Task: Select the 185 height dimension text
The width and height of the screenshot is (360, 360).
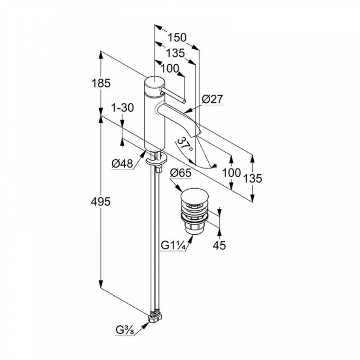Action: tap(102, 83)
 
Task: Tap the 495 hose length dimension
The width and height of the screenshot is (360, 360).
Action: tap(102, 202)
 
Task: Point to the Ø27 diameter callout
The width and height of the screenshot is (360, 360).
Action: tap(212, 99)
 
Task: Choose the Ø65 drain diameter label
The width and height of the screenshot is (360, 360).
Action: tap(181, 173)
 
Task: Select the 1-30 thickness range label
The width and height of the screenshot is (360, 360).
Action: tap(122, 108)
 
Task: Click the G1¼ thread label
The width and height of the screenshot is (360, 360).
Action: tap(173, 245)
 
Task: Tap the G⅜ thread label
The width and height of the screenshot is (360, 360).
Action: tap(124, 330)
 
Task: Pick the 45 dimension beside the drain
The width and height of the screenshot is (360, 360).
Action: tap(219, 245)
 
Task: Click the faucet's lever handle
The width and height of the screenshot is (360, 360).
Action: tap(173, 94)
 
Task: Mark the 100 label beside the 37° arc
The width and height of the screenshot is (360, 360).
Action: tap(231, 171)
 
